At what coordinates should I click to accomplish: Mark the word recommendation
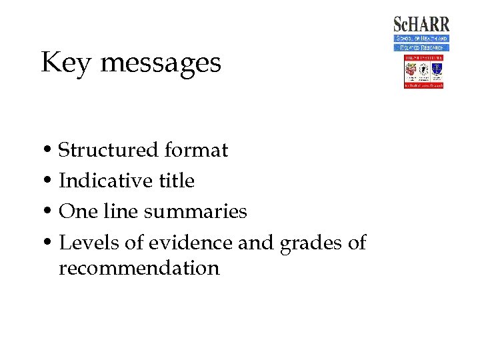pyautogui.click(x=139, y=268)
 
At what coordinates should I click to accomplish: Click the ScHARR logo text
pyautogui.click(x=421, y=25)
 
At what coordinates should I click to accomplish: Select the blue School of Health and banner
pyautogui.click(x=421, y=39)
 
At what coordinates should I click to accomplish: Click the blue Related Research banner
pyautogui.click(x=421, y=47)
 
